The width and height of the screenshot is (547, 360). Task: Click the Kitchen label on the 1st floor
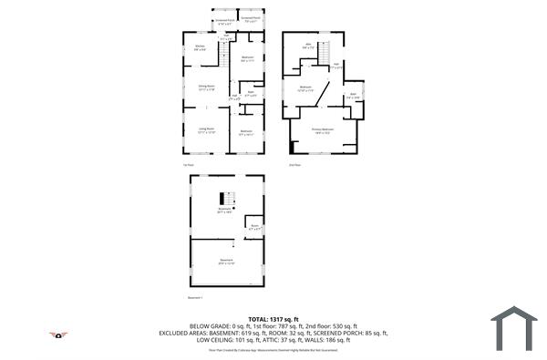201,46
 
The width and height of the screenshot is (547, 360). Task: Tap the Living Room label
207,129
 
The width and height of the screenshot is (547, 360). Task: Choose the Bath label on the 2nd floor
352,95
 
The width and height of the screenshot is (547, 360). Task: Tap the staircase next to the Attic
322,56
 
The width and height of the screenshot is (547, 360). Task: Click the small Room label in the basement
256,226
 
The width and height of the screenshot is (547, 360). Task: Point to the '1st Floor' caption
188,165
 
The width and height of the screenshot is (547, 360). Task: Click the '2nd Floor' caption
294,165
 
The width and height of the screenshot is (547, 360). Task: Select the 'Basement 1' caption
195,297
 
